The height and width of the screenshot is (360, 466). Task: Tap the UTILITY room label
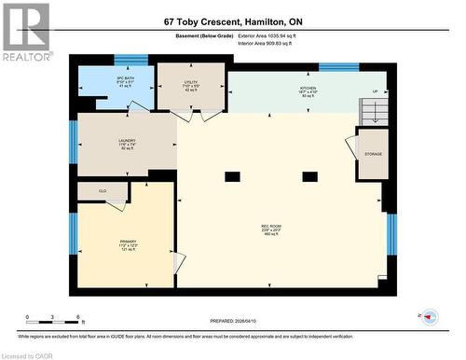pos(190,86)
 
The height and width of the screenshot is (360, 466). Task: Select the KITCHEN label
pos(308,91)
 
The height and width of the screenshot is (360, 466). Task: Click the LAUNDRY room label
pos(126,145)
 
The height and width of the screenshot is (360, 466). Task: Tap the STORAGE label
pos(373,154)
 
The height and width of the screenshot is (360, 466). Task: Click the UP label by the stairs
pos(375,92)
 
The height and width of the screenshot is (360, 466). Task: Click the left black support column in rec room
pos(232,176)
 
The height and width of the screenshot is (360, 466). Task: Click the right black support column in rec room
pos(309,176)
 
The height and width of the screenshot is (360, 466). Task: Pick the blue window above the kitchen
pos(338,66)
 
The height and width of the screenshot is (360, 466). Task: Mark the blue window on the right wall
pos(391,234)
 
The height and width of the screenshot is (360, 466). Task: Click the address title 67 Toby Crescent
pos(232,20)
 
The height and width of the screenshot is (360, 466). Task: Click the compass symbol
pos(429,316)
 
